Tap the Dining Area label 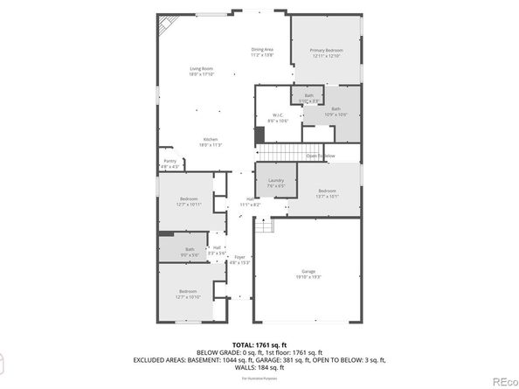coord(262,52)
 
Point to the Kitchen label coord(211,142)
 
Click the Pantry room coord(170,163)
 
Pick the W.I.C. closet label coord(276,118)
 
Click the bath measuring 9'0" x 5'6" coord(190,251)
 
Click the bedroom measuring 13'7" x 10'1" coord(327,193)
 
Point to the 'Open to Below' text coord(320,156)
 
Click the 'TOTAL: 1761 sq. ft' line coord(259,345)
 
